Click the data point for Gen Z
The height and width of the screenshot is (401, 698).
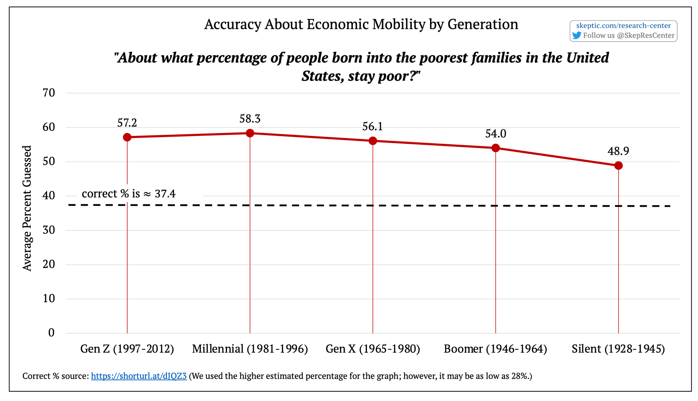click(x=127, y=137)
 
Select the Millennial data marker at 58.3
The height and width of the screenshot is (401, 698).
click(x=250, y=133)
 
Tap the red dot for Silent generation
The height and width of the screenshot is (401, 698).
click(x=618, y=166)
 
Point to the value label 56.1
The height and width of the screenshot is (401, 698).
click(x=372, y=126)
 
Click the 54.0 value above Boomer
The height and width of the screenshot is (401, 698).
click(x=496, y=133)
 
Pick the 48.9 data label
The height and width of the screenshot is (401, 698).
click(x=618, y=151)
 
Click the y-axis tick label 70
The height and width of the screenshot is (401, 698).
click(x=49, y=93)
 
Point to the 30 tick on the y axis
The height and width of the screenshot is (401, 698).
click(x=49, y=230)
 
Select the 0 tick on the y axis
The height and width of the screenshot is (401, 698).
click(x=51, y=333)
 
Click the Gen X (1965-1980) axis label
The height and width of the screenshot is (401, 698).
click(x=373, y=349)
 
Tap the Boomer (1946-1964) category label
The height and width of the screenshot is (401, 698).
click(x=495, y=349)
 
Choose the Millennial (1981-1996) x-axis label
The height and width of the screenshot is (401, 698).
click(x=250, y=349)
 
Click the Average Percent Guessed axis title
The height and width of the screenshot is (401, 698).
click(x=27, y=208)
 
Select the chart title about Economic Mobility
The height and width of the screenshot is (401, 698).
click(x=361, y=24)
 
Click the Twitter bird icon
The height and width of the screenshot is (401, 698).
click(x=577, y=36)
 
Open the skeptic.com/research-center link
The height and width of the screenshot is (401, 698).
click(x=623, y=25)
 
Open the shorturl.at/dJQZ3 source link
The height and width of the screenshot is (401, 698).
click(x=139, y=376)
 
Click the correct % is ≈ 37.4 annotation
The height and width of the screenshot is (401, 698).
click(x=128, y=194)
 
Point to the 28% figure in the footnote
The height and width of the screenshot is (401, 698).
click(x=520, y=376)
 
